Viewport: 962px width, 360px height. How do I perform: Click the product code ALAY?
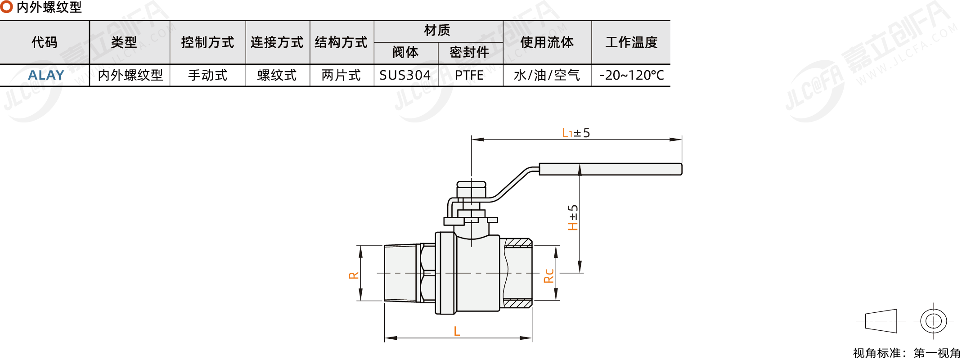coord(46,75)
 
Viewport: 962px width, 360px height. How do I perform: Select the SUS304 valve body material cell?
coord(405,75)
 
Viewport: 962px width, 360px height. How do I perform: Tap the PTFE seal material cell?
coord(469,75)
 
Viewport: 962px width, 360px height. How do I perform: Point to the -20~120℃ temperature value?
coord(631,75)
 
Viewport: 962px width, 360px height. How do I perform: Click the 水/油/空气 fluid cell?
coord(547,75)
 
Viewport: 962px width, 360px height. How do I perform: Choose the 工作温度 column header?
coord(631,42)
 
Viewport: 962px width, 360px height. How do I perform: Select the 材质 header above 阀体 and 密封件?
coord(437,31)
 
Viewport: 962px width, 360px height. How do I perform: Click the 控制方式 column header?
coord(207,42)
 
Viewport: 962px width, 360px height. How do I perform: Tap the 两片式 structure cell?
coord(341,75)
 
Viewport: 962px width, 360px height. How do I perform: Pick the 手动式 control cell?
coord(207,75)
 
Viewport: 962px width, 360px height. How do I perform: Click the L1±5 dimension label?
coord(576,133)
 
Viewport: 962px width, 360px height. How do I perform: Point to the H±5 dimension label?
coord(573,217)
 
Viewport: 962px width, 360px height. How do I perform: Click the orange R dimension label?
coord(354,275)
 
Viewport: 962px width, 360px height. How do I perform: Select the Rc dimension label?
coord(549,275)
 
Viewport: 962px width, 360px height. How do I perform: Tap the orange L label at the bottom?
coord(457,332)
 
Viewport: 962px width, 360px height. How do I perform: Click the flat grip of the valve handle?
coord(610,169)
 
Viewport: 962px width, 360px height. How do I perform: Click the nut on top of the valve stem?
coord(471,184)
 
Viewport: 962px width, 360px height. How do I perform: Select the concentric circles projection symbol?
coord(934,321)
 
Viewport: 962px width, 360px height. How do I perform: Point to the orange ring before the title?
coord(6,7)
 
